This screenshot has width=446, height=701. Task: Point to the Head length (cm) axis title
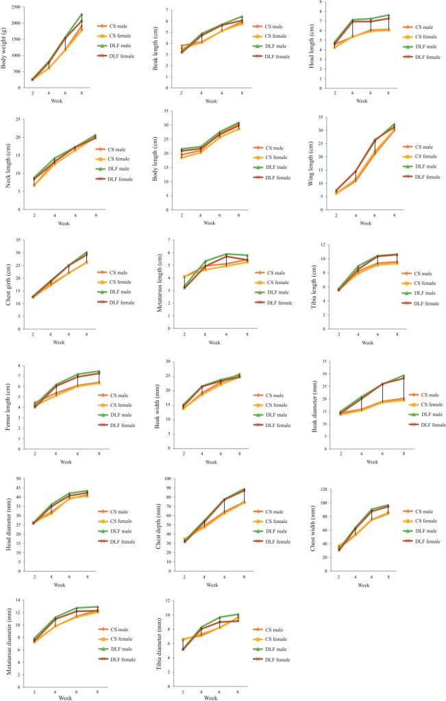click(306, 44)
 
